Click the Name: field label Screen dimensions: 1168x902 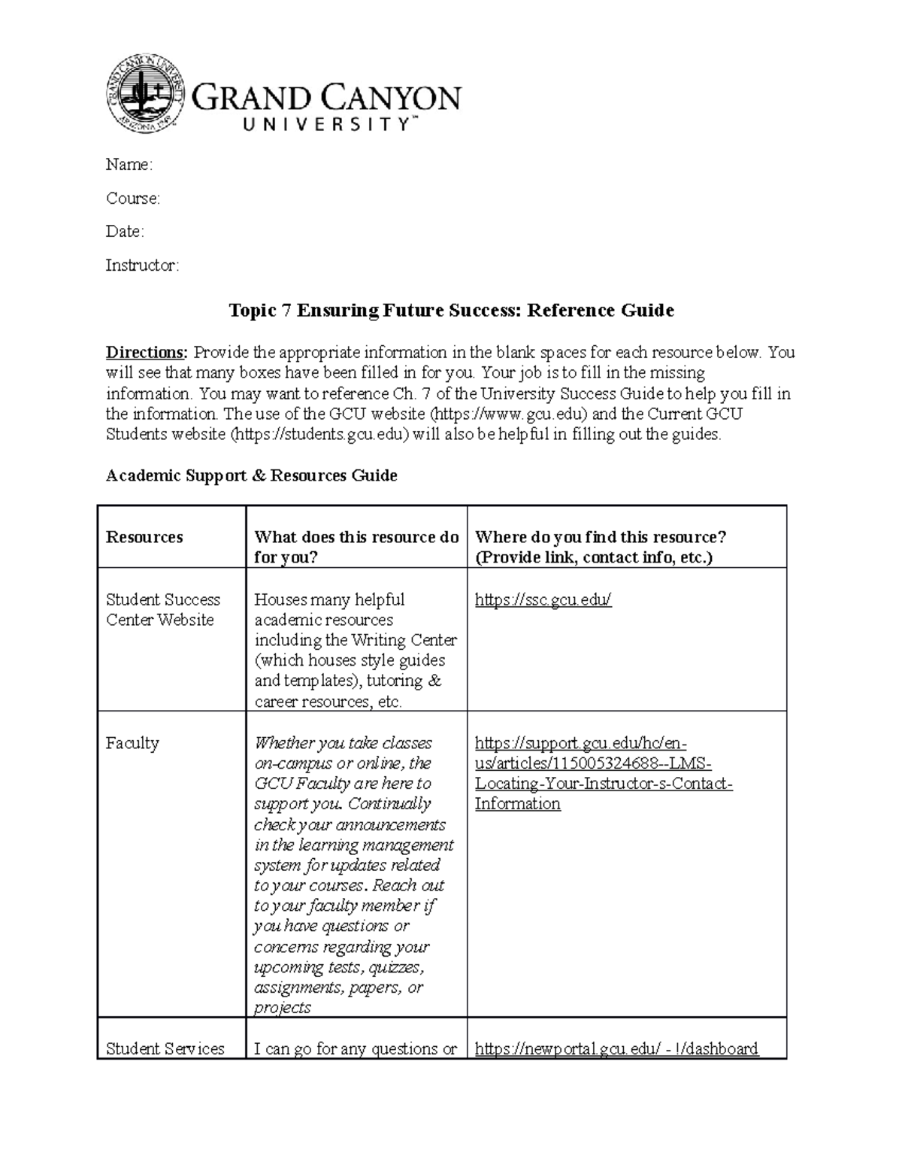(129, 165)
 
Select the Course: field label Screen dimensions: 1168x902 (132, 199)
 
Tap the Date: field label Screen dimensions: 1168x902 (125, 232)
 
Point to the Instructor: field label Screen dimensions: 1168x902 (142, 265)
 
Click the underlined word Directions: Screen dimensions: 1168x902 (147, 353)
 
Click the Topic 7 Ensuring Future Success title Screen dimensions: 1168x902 (451, 311)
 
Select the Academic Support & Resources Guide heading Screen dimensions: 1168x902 (251, 475)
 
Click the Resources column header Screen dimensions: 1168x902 (144, 537)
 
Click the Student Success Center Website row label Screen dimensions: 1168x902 (162, 610)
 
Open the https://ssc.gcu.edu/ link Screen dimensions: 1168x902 (543, 600)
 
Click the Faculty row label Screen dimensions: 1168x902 (132, 743)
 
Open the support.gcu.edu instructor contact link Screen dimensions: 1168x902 (603, 773)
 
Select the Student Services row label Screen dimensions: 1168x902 (165, 1048)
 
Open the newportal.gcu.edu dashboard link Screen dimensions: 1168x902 (616, 1048)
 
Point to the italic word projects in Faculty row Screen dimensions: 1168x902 (282, 1008)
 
